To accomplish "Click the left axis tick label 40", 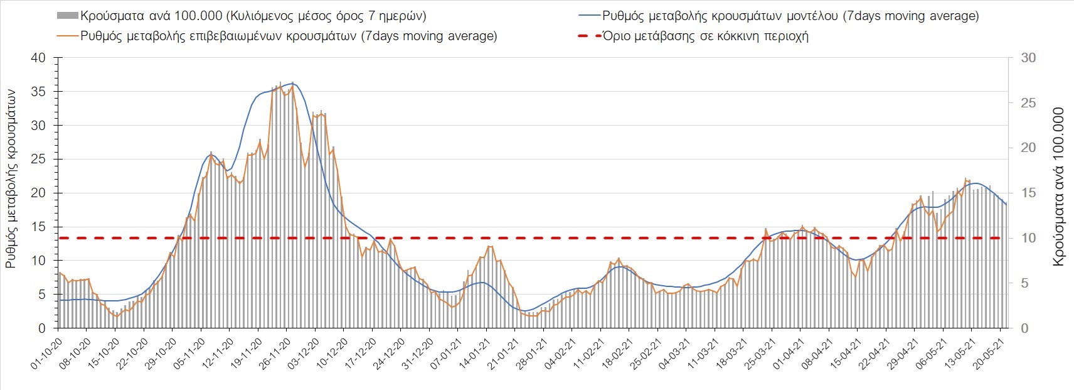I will [x=39, y=58].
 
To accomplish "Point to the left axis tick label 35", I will [x=39, y=92].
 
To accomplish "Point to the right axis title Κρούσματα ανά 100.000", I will [x=1058, y=187].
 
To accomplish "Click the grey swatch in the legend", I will [x=68, y=16].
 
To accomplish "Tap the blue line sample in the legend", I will [x=588, y=16].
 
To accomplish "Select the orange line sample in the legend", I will [x=68, y=36].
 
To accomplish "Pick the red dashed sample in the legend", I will [x=588, y=36].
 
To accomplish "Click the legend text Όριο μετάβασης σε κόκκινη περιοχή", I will [x=706, y=36].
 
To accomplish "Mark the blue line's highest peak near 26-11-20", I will [x=292, y=83].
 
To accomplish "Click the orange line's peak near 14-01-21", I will [x=489, y=246].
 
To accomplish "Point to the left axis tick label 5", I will [x=42, y=295].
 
